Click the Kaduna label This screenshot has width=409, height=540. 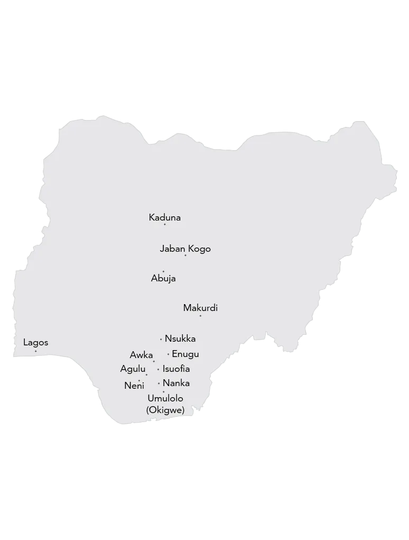pos(164,217)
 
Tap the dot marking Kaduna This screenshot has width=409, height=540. pos(164,224)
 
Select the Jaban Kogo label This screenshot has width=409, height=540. pos(185,249)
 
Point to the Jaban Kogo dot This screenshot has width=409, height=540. pos(185,255)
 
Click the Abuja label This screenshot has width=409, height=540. pos(163,279)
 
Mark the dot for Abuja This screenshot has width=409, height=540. pos(163,271)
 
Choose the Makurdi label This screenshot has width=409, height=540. pos(200,308)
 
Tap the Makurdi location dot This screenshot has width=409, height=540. pos(200,316)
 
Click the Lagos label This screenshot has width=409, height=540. pos(35,343)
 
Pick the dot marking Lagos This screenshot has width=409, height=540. pos(35,351)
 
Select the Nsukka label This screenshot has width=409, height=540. pos(180,338)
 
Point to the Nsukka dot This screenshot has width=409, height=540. pos(161,339)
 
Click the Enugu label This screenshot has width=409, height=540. pos(185,354)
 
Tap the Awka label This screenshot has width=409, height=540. pos(141,355)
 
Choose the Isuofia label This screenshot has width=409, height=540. pos(176,369)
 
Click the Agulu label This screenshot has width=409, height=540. pos(133,369)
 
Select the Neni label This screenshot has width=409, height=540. pos(134,386)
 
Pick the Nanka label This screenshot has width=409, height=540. pos(176,383)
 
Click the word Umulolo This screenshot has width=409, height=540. pos(165,398)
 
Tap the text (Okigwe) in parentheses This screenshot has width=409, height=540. pos(165,409)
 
